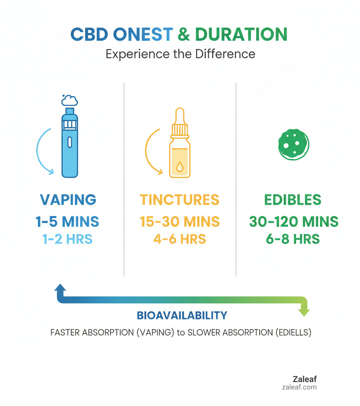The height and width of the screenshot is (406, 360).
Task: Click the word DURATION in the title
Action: pos(241,34)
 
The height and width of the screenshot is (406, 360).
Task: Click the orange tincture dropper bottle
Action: pos(180,144)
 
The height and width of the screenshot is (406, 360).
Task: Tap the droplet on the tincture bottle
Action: pos(180,166)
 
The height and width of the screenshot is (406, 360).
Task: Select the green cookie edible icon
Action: pos(293,144)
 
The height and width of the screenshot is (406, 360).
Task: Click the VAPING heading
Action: pos(68,199)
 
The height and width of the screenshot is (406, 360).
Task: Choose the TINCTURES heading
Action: pos(180,199)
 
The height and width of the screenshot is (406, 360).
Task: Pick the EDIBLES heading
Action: pos(293,199)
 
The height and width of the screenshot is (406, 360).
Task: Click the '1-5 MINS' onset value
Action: pos(67,222)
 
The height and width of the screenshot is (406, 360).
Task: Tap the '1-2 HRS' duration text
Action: pos(67,239)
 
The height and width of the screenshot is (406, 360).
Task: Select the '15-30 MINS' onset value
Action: pos(180,222)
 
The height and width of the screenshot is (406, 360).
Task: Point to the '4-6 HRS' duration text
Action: pos(180,239)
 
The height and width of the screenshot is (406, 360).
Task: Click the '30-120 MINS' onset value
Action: pos(294,222)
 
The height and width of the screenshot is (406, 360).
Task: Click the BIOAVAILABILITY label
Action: pos(182,315)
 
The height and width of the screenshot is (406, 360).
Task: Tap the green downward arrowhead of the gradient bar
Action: pos(304,311)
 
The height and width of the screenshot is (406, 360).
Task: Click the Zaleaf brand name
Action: pos(304,379)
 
